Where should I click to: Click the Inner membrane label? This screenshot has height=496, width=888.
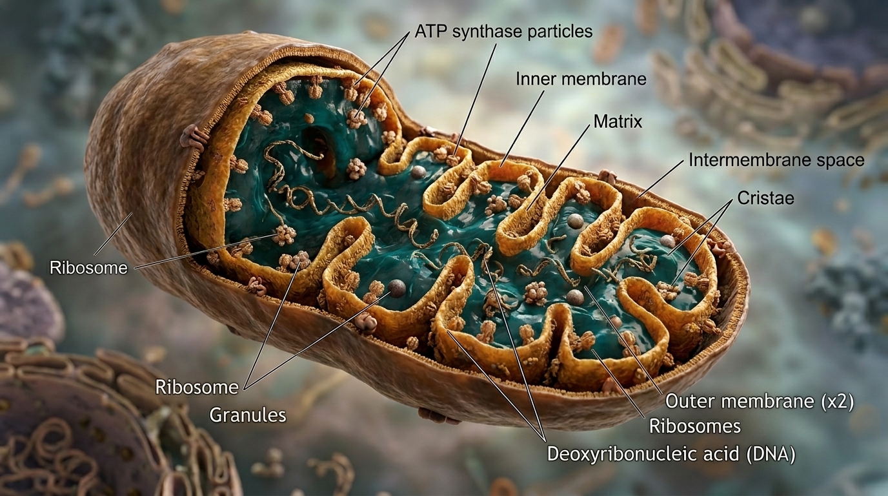[581, 79]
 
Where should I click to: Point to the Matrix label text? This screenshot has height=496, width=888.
[618, 121]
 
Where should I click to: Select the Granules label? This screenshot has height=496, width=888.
[248, 414]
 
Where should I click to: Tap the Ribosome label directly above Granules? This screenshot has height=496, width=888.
[197, 387]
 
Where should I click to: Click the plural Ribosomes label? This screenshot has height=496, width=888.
[694, 426]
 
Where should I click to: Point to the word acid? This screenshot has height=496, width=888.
[722, 453]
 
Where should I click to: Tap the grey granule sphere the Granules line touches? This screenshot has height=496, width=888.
[396, 288]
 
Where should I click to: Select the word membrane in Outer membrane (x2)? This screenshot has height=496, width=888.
[764, 401]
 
